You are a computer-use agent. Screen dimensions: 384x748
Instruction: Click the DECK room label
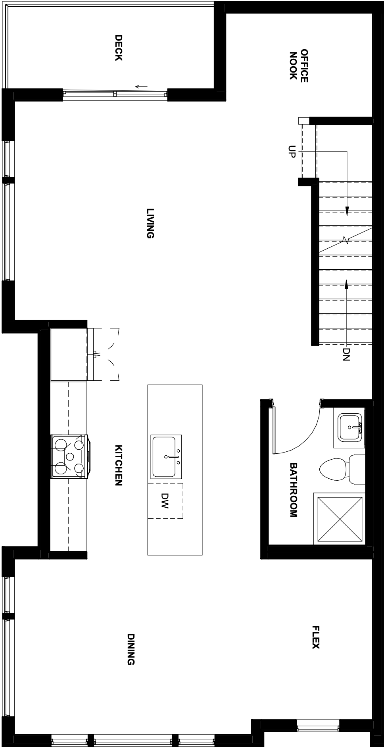tap(118, 48)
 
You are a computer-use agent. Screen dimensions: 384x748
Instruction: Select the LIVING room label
tap(150, 223)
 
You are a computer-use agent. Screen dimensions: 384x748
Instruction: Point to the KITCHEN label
tap(118, 465)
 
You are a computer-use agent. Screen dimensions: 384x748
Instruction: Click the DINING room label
tap(131, 649)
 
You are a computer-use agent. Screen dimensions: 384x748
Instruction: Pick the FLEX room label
tap(315, 637)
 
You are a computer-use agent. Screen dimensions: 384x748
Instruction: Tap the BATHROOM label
tap(293, 490)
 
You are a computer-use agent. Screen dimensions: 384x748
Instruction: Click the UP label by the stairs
tap(292, 152)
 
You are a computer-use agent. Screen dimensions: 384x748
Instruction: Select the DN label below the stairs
tap(346, 354)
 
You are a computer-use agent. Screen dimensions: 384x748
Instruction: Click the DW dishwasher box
tap(165, 501)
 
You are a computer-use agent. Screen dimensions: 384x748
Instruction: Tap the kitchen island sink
tap(166, 456)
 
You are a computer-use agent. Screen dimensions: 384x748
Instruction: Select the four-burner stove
tap(70, 456)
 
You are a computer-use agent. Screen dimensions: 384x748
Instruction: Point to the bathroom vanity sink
tap(350, 428)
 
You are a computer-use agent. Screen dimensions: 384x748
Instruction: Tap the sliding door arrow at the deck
tap(141, 86)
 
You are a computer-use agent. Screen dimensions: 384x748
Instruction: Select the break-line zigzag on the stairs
tap(346, 240)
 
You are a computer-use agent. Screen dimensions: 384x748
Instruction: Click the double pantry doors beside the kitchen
tap(106, 354)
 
